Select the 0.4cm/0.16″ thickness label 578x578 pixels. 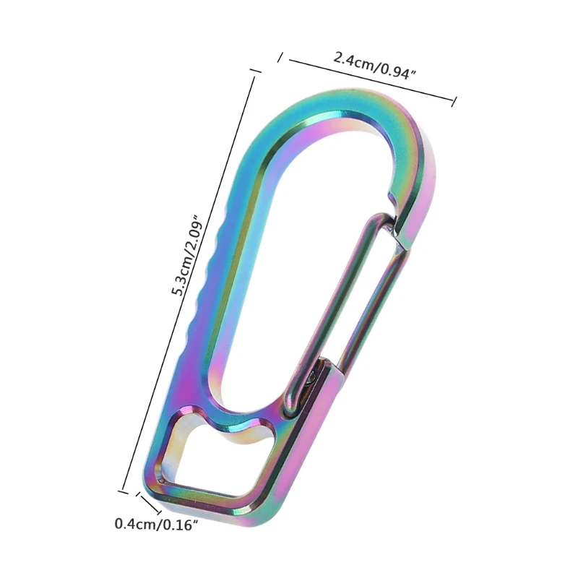click(x=156, y=523)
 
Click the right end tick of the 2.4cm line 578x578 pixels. click(x=454, y=101)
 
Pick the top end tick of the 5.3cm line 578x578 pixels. click(x=254, y=71)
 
